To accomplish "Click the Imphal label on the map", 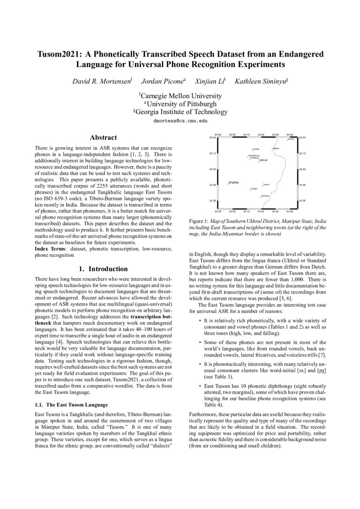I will (x=234, y=182).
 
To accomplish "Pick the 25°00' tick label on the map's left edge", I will (x=212, y=169).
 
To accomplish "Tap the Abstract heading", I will (x=103, y=137).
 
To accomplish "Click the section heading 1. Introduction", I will (x=103, y=269).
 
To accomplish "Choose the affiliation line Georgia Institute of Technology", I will (x=182, y=112).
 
